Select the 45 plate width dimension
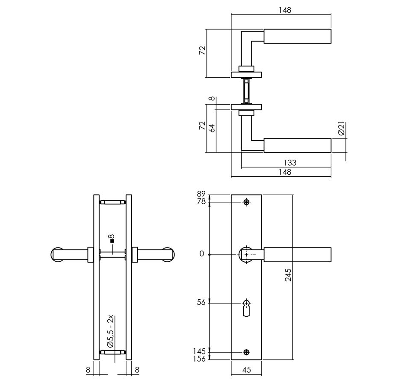tap(246, 370)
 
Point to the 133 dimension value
tap(289, 163)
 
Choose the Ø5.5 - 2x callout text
tap(110, 331)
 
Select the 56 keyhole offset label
tap(201, 302)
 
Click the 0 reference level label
tap(202, 254)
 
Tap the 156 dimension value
tap(199, 359)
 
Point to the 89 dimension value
tap(201, 194)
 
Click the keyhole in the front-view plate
tap(246, 307)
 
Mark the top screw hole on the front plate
tap(246, 202)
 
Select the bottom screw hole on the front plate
tap(246, 352)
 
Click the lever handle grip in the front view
tap(297, 254)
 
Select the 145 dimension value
tap(199, 351)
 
